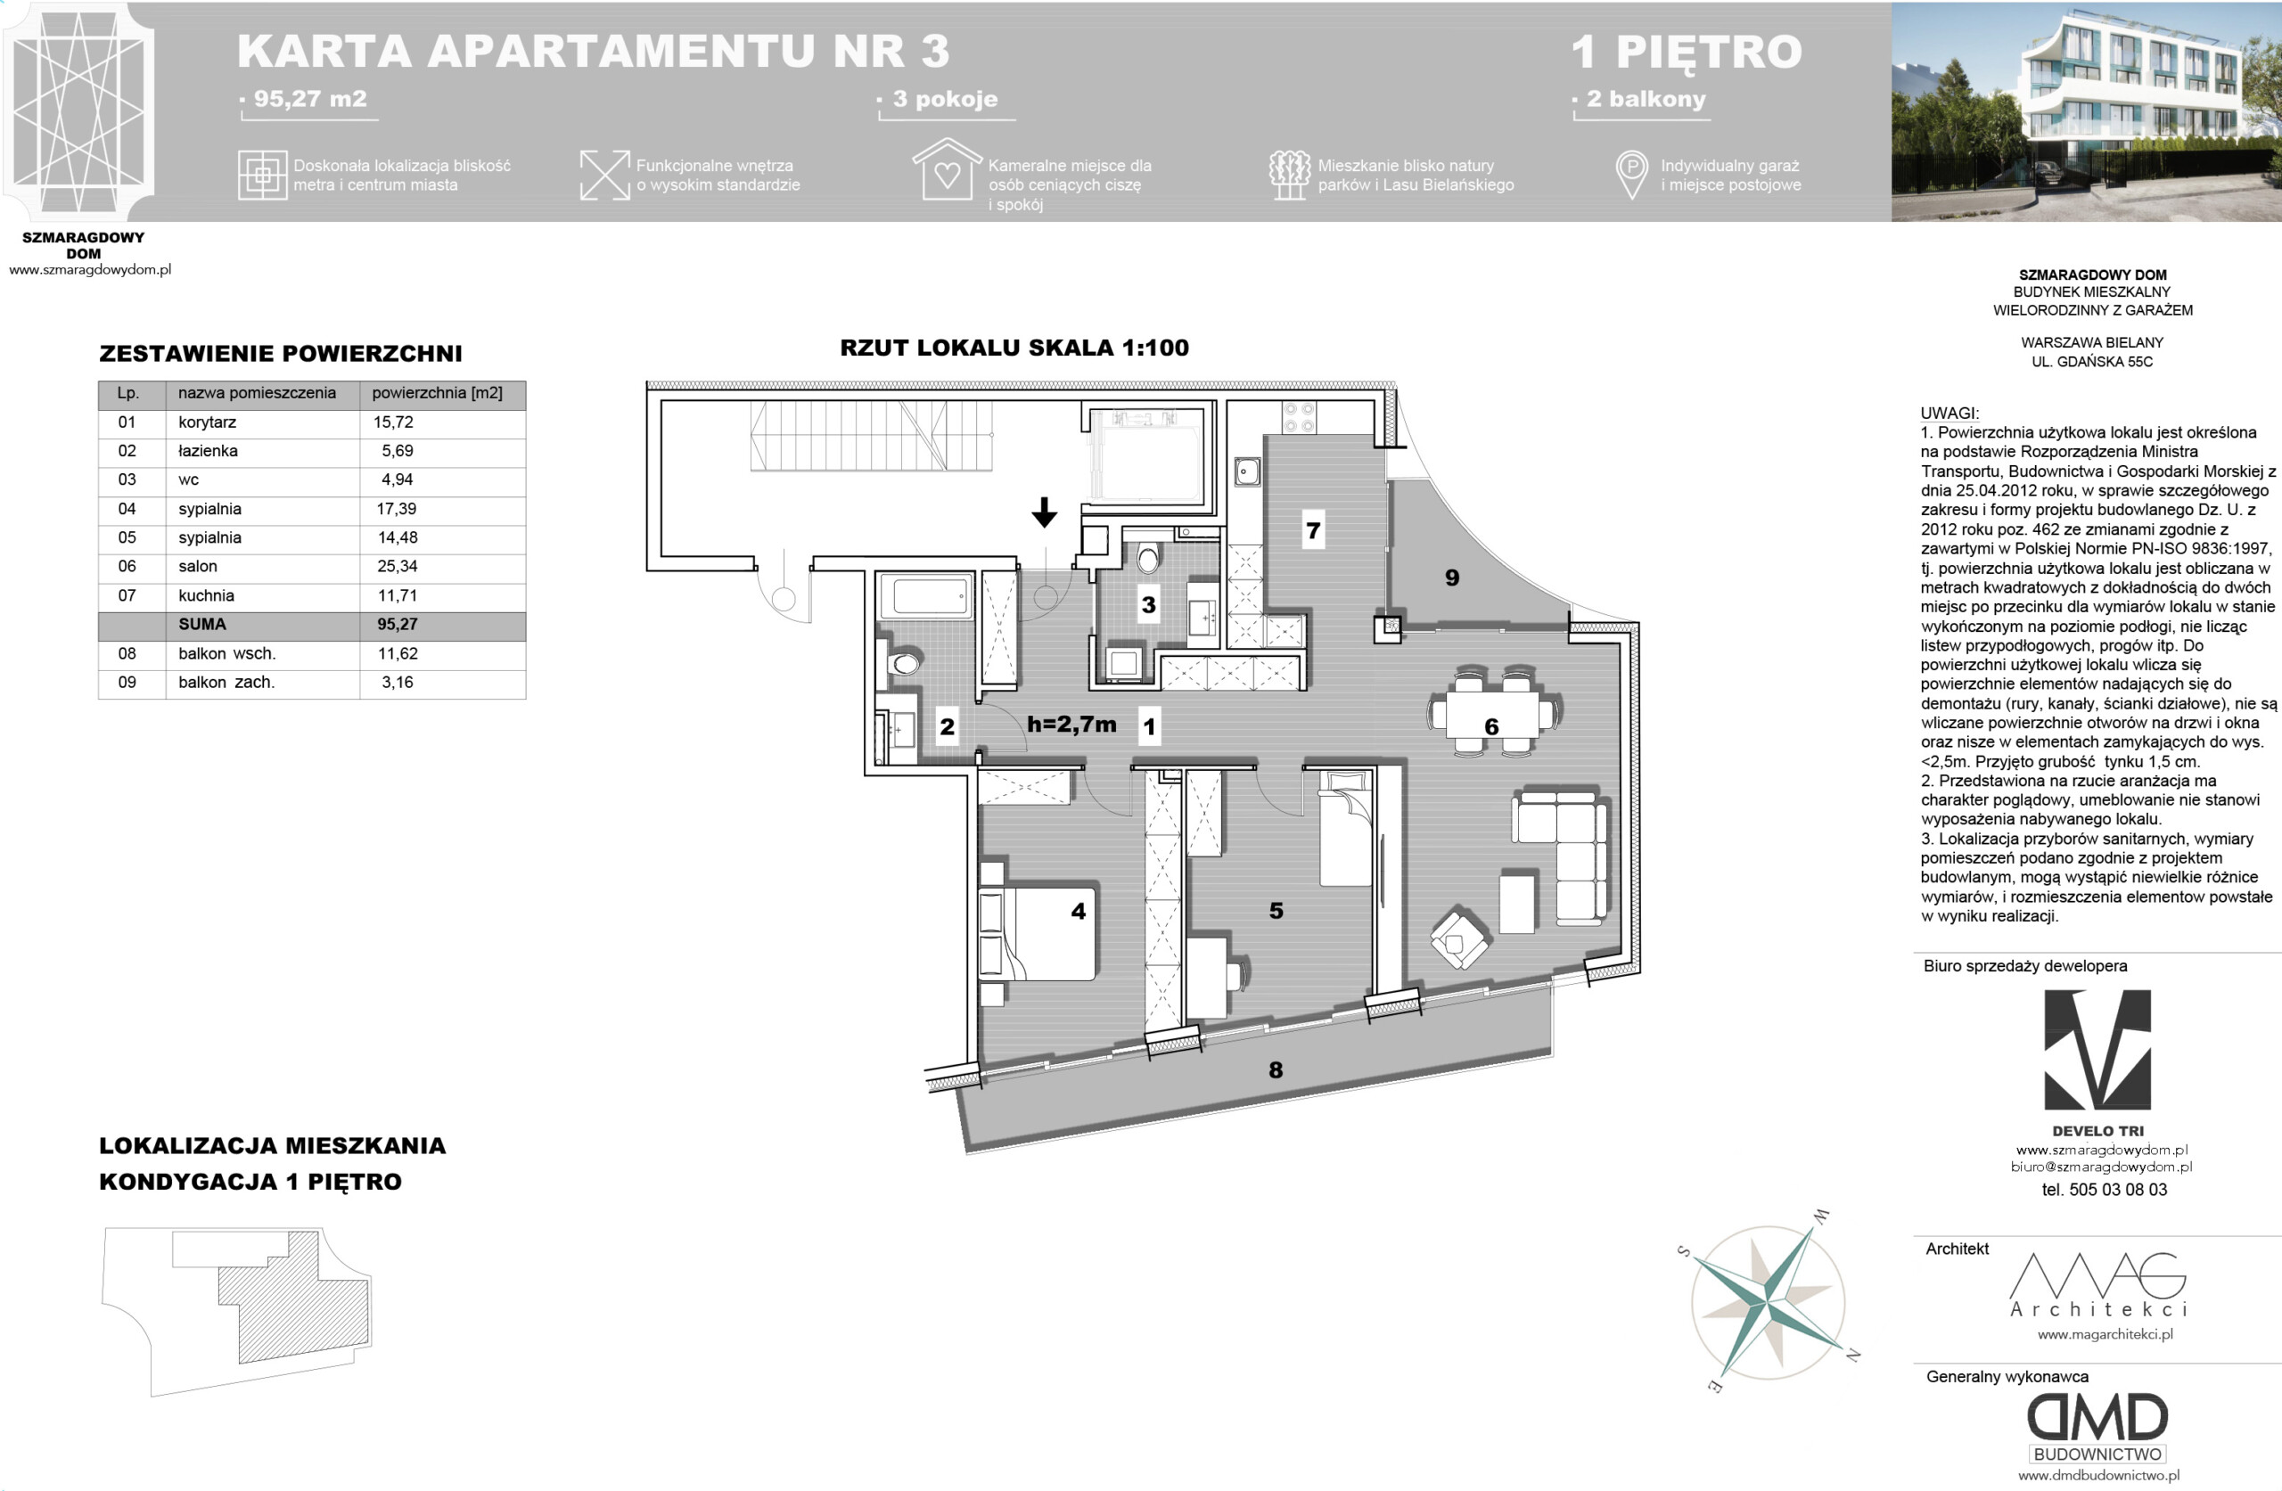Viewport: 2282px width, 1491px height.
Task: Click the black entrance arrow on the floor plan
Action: pyautogui.click(x=1044, y=512)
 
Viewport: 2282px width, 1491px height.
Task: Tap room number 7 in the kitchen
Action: pyautogui.click(x=1313, y=530)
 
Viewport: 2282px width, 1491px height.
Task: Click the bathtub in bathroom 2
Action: pyautogui.click(x=930, y=595)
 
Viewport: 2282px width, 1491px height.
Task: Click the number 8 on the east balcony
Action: pyautogui.click(x=1276, y=1069)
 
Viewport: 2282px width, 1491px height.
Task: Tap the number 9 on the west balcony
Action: pyautogui.click(x=1452, y=578)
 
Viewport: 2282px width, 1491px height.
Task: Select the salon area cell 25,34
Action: pyautogui.click(x=397, y=567)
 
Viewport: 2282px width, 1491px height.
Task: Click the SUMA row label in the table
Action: pyautogui.click(x=202, y=624)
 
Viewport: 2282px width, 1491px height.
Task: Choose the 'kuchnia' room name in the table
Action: pyautogui.click(x=206, y=595)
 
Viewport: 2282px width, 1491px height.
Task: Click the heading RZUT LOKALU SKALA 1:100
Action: pyautogui.click(x=1014, y=348)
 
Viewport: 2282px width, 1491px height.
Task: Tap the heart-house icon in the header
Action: pyautogui.click(x=947, y=169)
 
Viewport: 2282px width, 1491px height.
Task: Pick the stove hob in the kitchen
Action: pyautogui.click(x=1299, y=418)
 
